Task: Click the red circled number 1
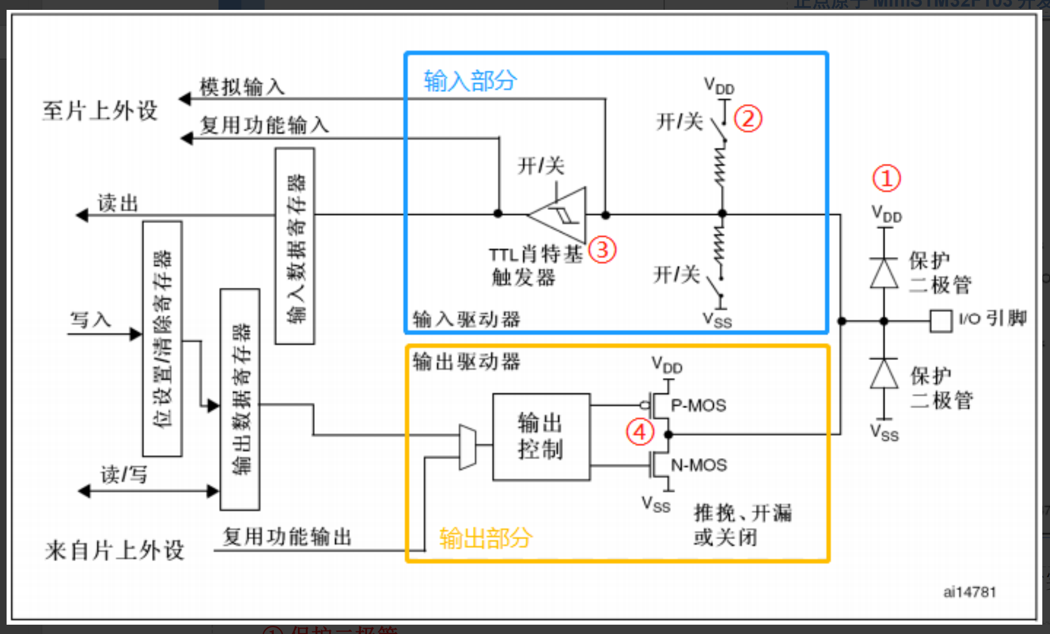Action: pos(886,179)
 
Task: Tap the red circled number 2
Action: pos(748,119)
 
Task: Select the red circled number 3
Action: pos(602,250)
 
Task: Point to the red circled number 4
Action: pos(640,432)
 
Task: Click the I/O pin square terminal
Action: pos(940,321)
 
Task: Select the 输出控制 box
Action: pos(541,437)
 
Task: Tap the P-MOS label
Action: pos(698,405)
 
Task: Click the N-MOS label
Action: pos(699,465)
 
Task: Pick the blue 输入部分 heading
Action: pos(470,81)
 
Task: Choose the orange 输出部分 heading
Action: pos(486,538)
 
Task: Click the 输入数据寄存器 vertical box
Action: pos(295,246)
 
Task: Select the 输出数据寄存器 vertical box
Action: pos(240,399)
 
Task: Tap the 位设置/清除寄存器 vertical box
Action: pos(162,339)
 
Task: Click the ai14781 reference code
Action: pos(969,592)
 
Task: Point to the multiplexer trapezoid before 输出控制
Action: pos(467,447)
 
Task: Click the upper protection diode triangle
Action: pos(884,273)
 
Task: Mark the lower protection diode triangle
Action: pos(884,374)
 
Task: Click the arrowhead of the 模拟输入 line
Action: pos(185,99)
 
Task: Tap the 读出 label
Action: pos(117,203)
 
